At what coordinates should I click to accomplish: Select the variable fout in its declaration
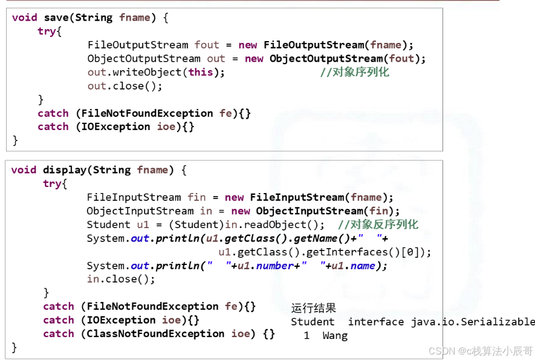tap(207, 45)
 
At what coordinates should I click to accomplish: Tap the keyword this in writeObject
tap(201, 72)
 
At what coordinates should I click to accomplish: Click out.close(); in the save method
tap(125, 86)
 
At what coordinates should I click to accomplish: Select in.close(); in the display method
tap(121, 279)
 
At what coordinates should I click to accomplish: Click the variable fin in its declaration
tap(196, 197)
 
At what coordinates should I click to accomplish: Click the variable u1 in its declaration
tap(143, 224)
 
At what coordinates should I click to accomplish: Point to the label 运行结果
tap(313, 309)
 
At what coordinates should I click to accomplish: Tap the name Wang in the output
tap(335, 336)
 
